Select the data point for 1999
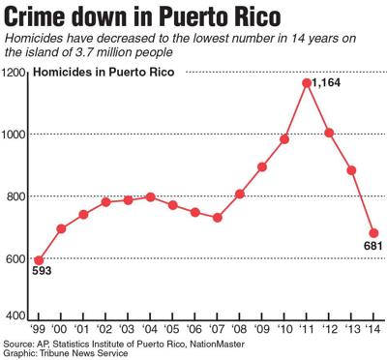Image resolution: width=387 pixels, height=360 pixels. (40, 260)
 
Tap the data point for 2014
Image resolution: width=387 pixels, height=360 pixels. (373, 233)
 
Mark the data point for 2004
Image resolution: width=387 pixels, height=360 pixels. (151, 196)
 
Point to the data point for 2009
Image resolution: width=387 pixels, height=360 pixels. (262, 166)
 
